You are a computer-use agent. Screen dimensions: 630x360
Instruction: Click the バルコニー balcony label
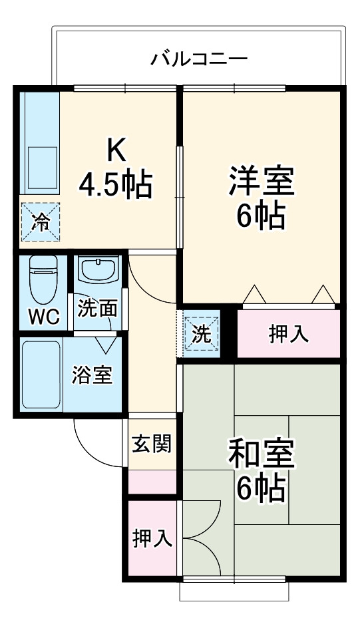199,59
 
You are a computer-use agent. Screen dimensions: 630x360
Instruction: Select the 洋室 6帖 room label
262,198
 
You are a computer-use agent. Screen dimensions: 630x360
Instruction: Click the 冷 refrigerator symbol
40,222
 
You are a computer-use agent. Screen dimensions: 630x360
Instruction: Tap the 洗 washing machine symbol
201,335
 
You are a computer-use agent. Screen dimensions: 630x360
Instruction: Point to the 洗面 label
98,309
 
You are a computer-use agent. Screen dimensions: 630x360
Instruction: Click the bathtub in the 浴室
41,374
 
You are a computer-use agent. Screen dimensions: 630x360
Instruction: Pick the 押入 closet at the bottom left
152,538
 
